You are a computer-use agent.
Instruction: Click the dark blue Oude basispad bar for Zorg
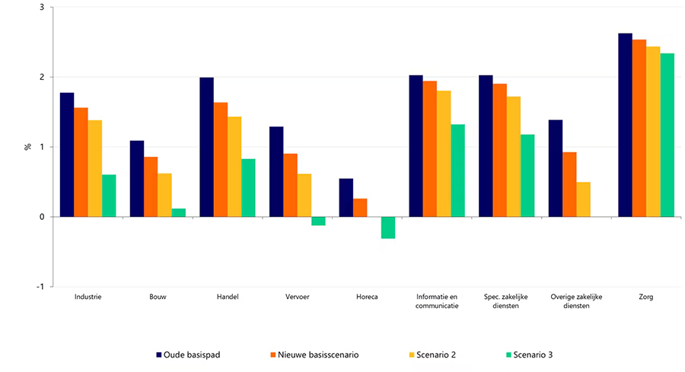tap(625, 125)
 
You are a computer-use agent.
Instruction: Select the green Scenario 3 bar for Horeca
tap(388, 227)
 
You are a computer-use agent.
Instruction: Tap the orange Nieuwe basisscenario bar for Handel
tap(220, 159)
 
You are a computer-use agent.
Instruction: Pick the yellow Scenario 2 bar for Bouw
tap(164, 195)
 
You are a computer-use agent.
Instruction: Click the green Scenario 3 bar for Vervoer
tap(318, 221)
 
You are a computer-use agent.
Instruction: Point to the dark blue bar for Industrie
tap(67, 154)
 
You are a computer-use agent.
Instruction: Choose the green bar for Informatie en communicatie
tap(457, 170)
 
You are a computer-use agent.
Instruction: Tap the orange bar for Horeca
tap(360, 208)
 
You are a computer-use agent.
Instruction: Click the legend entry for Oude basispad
tap(190, 354)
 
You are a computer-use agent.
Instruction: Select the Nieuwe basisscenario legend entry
tap(314, 354)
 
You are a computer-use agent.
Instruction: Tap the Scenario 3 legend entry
tap(532, 354)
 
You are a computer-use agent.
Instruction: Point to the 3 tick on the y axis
tap(41, 8)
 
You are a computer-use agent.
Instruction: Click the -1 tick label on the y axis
tap(40, 287)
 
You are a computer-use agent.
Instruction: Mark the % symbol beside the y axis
tap(27, 147)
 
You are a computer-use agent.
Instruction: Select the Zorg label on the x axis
tap(645, 297)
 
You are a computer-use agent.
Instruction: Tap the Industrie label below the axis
tap(88, 297)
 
